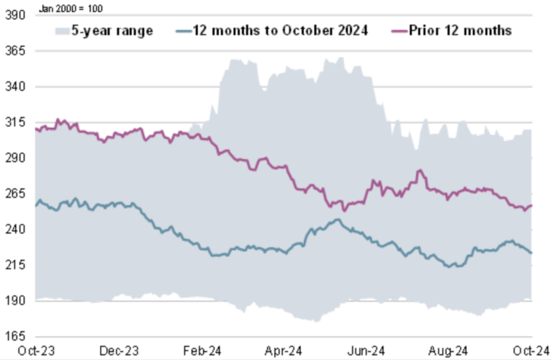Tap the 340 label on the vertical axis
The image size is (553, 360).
(x=14, y=86)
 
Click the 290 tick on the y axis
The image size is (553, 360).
(x=14, y=158)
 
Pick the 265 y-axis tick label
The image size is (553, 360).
(x=14, y=194)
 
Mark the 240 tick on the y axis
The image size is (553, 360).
(x=14, y=229)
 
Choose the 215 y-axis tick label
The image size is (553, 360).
(x=14, y=265)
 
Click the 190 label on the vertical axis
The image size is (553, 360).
(x=14, y=300)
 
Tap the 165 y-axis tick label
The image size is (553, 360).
(x=14, y=336)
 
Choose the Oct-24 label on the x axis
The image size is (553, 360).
(x=533, y=351)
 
